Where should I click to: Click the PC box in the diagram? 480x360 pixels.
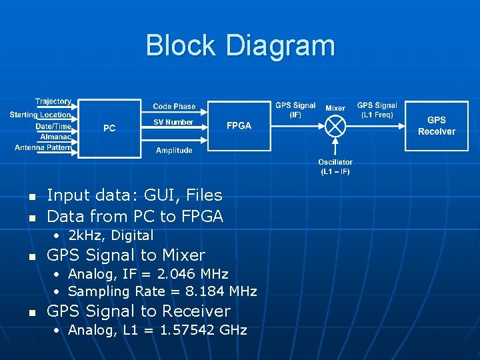tap(109, 129)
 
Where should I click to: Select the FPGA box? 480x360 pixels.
tap(239, 126)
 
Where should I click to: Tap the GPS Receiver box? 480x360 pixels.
tap(437, 125)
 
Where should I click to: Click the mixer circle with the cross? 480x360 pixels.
tap(336, 125)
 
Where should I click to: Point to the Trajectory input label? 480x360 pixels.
tap(53, 101)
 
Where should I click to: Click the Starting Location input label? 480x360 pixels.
tap(40, 115)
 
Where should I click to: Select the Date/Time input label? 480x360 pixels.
tap(53, 126)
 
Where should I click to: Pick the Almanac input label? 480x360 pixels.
tap(56, 136)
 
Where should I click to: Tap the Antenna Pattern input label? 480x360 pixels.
tap(43, 147)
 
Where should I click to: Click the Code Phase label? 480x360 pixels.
tap(174, 106)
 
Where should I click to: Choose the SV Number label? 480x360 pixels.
tap(173, 122)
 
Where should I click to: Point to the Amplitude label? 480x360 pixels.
tap(174, 151)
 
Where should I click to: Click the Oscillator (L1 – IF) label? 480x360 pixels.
tap(335, 167)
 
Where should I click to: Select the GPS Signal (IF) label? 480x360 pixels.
tap(295, 110)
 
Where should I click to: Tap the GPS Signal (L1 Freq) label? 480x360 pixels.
tap(377, 110)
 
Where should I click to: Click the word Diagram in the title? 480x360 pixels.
tap(280, 45)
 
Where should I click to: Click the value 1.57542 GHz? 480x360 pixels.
tap(204, 330)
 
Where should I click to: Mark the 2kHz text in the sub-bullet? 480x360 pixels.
tap(85, 235)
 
